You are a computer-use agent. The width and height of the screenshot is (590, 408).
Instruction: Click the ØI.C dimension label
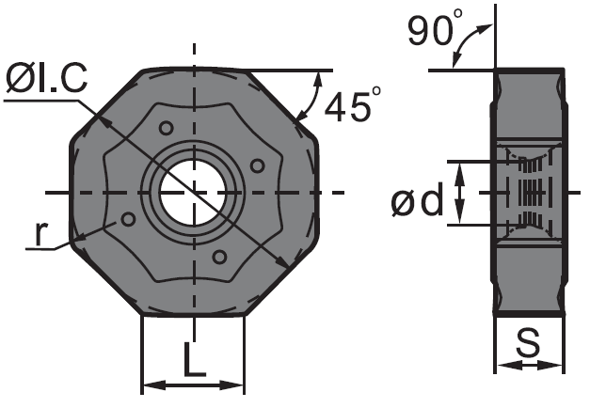point(47,78)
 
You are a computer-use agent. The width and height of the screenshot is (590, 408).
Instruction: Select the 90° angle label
point(435,28)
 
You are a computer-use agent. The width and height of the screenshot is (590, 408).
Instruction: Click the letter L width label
point(195,359)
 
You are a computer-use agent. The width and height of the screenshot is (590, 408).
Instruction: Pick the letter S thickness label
point(528,342)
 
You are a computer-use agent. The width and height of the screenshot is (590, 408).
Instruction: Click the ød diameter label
point(417,202)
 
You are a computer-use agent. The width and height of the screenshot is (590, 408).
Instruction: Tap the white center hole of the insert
point(193,193)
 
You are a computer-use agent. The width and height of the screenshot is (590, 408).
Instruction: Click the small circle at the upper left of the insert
point(166,128)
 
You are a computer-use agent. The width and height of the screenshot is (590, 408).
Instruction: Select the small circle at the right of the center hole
point(258,165)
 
